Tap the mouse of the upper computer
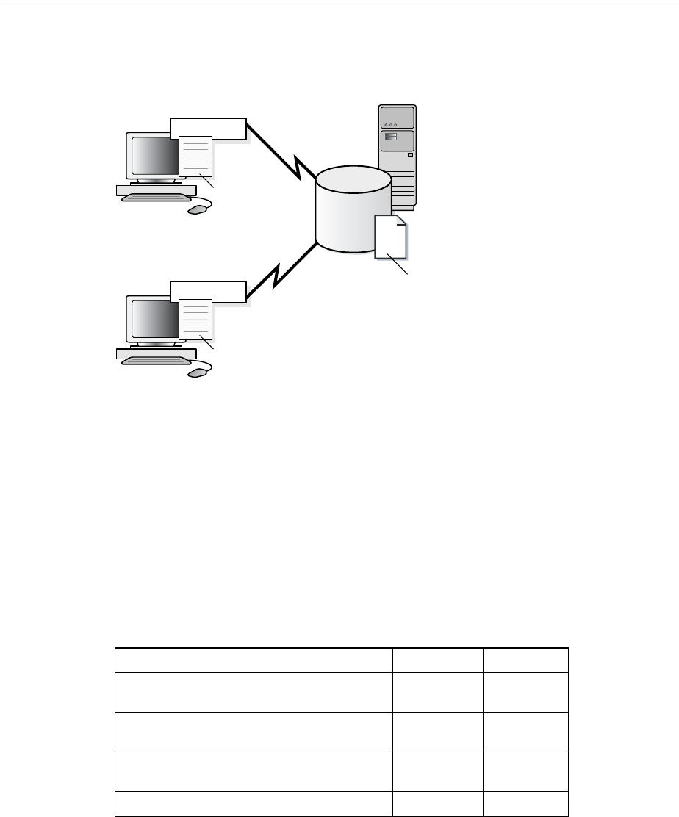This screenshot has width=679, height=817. pyautogui.click(x=198, y=209)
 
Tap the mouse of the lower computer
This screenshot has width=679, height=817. pyautogui.click(x=198, y=373)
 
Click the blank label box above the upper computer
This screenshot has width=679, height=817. pyautogui.click(x=207, y=128)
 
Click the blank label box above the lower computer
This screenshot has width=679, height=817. pyautogui.click(x=207, y=292)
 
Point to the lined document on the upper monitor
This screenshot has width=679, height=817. pyautogui.click(x=196, y=156)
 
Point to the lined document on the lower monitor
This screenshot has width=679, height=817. pyautogui.click(x=196, y=320)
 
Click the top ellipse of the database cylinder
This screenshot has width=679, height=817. pyautogui.click(x=353, y=181)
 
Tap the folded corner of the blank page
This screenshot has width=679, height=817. pyautogui.click(x=401, y=221)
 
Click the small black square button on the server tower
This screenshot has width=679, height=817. pyautogui.click(x=410, y=155)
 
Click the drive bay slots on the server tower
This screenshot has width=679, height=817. pyautogui.click(x=390, y=137)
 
